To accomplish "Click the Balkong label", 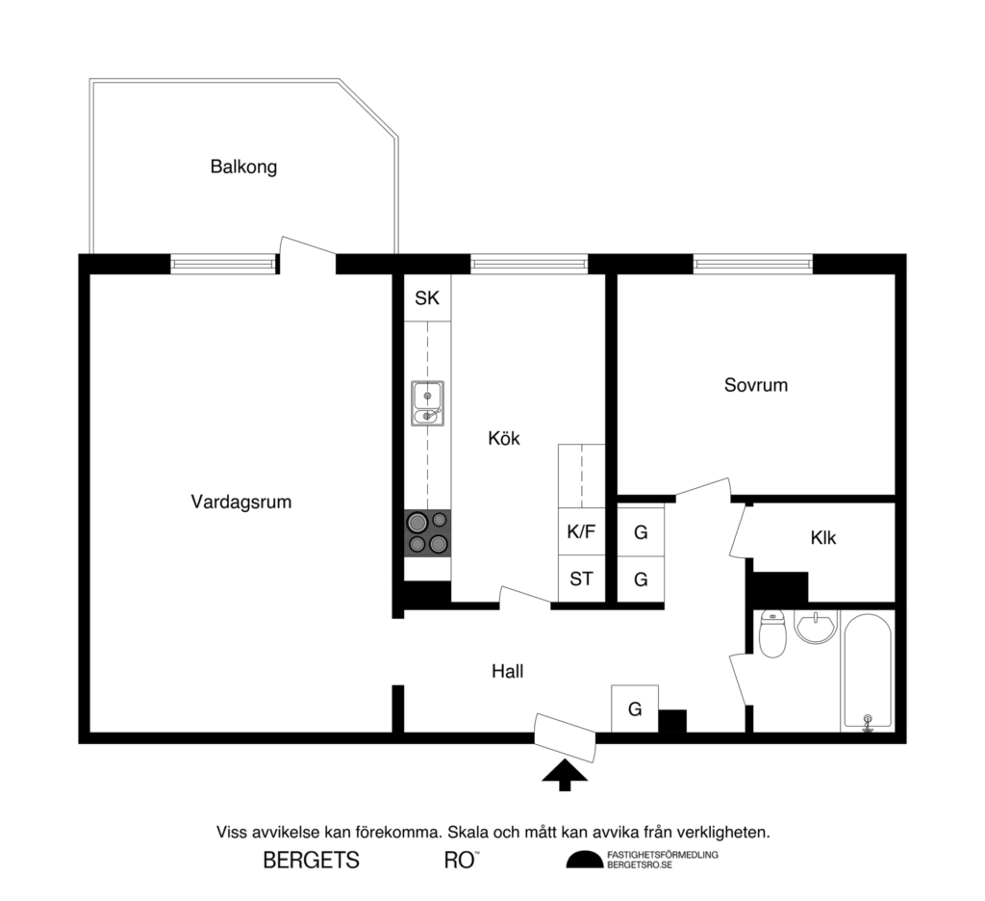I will tap(243, 167).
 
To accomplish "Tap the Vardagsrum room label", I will tap(240, 502).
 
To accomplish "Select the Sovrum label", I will tap(755, 385).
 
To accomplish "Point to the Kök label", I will tap(503, 438).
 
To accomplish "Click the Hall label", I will tap(507, 671).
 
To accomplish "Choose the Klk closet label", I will tap(822, 538).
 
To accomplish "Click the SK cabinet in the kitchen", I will tap(427, 298).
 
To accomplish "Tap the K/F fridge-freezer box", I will tap(581, 531).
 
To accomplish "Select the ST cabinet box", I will tap(581, 579).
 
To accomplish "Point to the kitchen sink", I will tap(427, 402).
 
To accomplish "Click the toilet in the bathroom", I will tap(772, 634).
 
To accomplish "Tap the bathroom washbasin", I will tap(816, 628).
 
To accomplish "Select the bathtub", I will tap(868, 671).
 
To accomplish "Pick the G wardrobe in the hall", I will tap(635, 709).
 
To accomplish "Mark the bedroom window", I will tap(752, 263).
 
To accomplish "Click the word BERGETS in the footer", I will tap(311, 861).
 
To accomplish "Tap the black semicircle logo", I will tap(584, 861).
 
